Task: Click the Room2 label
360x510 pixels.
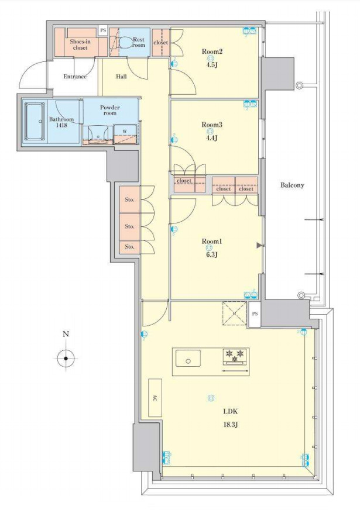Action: [x=212, y=51]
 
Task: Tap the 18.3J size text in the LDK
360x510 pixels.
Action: [x=231, y=424]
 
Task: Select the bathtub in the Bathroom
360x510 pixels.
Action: [x=35, y=121]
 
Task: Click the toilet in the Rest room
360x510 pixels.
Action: [x=126, y=42]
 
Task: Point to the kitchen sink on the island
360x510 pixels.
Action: [x=188, y=358]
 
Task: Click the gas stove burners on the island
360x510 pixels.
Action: [x=235, y=356]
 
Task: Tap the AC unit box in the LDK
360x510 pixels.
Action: [x=155, y=398]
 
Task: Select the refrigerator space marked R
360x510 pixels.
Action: [x=234, y=313]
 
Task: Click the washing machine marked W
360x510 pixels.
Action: [x=125, y=134]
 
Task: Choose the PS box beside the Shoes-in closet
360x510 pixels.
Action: [x=103, y=30]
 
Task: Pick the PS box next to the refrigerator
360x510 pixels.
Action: [x=255, y=314]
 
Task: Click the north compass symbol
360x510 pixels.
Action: [x=66, y=358]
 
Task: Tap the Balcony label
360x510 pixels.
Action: [x=292, y=185]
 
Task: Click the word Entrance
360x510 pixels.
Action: [x=75, y=77]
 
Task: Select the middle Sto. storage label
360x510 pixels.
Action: [x=129, y=226]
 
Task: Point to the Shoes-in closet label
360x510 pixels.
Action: [x=80, y=44]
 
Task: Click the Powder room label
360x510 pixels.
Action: [x=109, y=111]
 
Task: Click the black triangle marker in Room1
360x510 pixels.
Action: [x=259, y=246]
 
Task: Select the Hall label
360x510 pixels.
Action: [x=121, y=77]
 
